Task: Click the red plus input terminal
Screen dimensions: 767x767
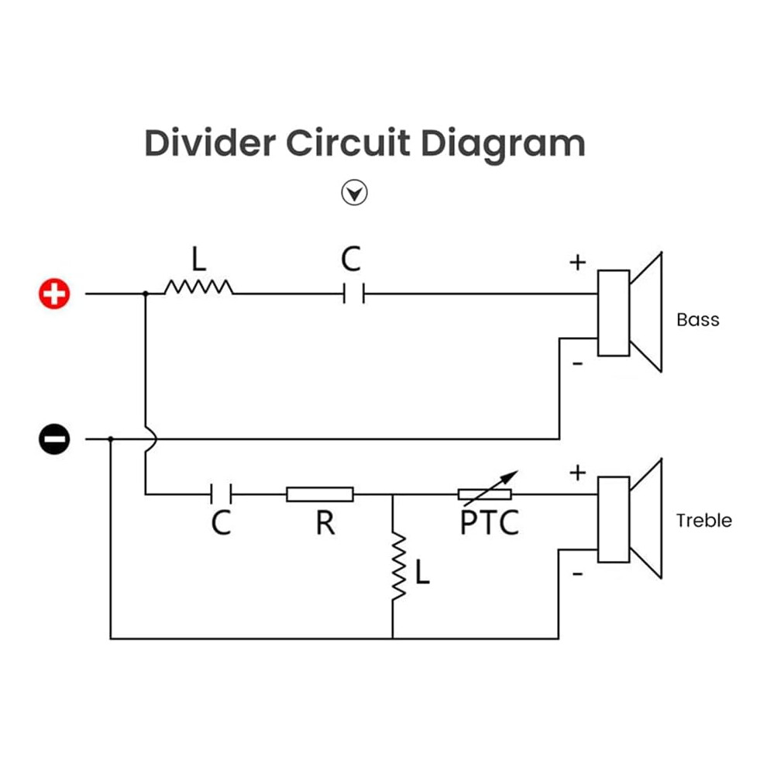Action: tap(54, 294)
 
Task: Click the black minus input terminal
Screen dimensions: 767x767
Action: tap(54, 439)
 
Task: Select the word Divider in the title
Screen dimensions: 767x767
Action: tap(210, 143)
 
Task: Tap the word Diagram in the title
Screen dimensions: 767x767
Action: tap(503, 145)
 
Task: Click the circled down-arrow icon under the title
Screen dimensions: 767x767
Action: tap(354, 193)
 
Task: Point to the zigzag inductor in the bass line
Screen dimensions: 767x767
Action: tap(198, 287)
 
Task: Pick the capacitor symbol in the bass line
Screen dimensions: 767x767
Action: tap(354, 294)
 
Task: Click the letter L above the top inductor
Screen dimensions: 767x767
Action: tap(198, 259)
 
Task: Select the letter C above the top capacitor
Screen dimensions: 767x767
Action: tap(351, 260)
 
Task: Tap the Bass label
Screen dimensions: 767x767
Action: tap(697, 320)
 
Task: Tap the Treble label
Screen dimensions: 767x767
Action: tap(703, 521)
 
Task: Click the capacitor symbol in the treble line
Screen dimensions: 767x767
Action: tap(221, 494)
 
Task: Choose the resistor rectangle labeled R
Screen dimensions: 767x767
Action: tap(320, 494)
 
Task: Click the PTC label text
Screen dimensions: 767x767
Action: tap(489, 523)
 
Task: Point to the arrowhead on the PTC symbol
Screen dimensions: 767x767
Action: tap(512, 475)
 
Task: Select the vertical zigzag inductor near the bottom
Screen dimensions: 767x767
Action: tap(398, 566)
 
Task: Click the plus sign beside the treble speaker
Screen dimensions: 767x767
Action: tap(578, 473)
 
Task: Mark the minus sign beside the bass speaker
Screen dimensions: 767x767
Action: tap(578, 363)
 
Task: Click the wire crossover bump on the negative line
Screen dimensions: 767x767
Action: tap(152, 439)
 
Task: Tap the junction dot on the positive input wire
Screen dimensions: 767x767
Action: tap(146, 294)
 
